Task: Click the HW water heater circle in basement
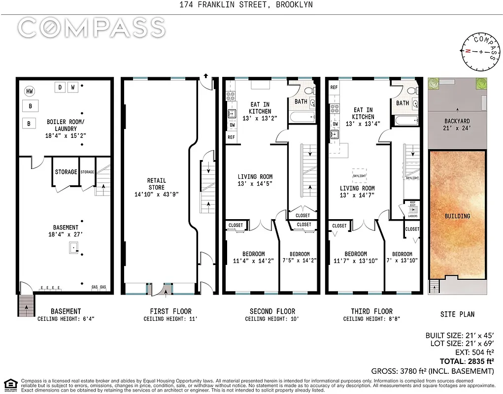coord(30,92)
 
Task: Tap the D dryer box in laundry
coord(60,88)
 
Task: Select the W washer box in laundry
coord(72,88)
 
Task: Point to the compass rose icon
coord(479,52)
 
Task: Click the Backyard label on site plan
coord(457,125)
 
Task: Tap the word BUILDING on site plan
coord(457,216)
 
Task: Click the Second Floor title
coord(272,311)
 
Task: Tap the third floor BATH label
coord(402,103)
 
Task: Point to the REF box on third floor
coord(334,87)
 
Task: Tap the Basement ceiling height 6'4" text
coord(66,319)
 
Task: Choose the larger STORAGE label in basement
coord(66,172)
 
